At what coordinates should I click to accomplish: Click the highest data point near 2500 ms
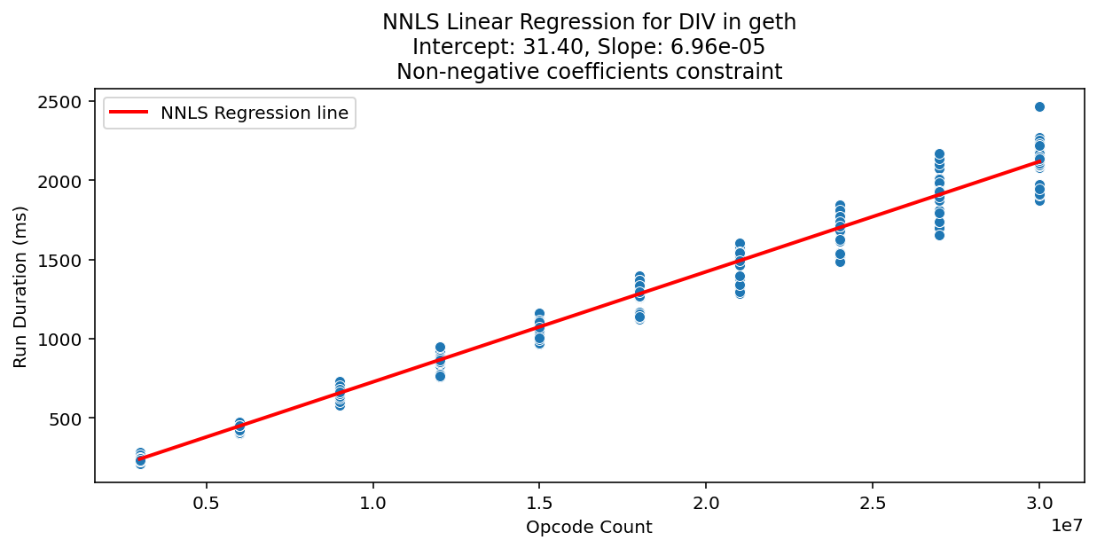(x=1039, y=106)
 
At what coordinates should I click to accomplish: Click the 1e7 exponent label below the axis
(x=1067, y=525)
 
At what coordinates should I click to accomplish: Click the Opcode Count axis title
(x=589, y=528)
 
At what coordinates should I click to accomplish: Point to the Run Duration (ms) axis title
(x=20, y=286)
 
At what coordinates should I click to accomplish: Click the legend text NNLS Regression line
(x=255, y=114)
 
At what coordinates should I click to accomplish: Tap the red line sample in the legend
(x=129, y=114)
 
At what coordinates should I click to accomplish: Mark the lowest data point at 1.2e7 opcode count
(x=440, y=376)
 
